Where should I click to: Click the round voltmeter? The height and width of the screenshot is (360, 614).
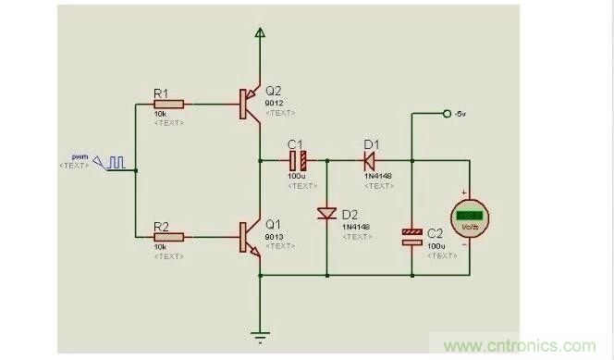[x=469, y=217]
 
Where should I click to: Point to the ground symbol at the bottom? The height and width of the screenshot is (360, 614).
[x=260, y=336]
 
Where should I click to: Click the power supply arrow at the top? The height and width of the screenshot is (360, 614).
[x=260, y=34]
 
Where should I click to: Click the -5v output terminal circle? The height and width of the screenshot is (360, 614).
[x=448, y=114]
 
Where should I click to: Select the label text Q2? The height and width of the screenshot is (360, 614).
[x=273, y=91]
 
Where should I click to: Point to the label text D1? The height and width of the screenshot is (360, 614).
[x=371, y=144]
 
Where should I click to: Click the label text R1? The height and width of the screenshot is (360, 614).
[x=161, y=92]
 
